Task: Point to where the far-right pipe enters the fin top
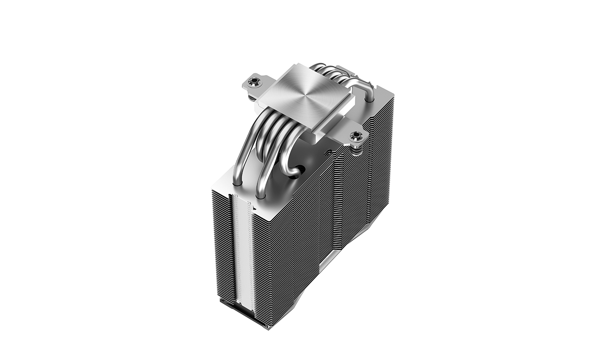(371, 102)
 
